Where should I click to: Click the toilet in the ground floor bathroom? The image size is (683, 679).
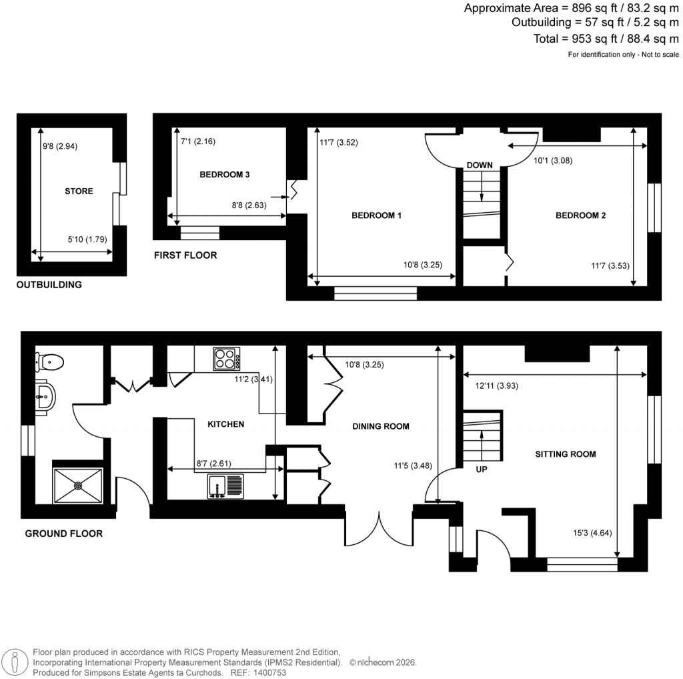pos(50,362)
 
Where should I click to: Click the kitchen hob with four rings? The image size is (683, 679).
pos(227,359)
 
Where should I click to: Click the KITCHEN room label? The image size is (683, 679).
pos(225,424)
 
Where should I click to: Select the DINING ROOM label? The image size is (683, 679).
pos(381,426)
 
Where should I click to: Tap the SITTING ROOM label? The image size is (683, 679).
pos(565,454)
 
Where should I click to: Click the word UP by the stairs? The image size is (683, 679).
pos(481,470)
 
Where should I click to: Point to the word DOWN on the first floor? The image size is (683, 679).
pos(480,165)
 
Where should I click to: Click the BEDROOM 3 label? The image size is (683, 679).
pos(225,175)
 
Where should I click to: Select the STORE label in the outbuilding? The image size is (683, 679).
pos(79,191)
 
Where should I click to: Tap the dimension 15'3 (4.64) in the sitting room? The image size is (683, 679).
pos(588,533)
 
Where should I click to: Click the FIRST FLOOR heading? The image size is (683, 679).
pos(185,255)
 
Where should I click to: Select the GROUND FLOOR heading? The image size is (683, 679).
pos(63,534)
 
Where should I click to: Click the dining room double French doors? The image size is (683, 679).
pos(379,527)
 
